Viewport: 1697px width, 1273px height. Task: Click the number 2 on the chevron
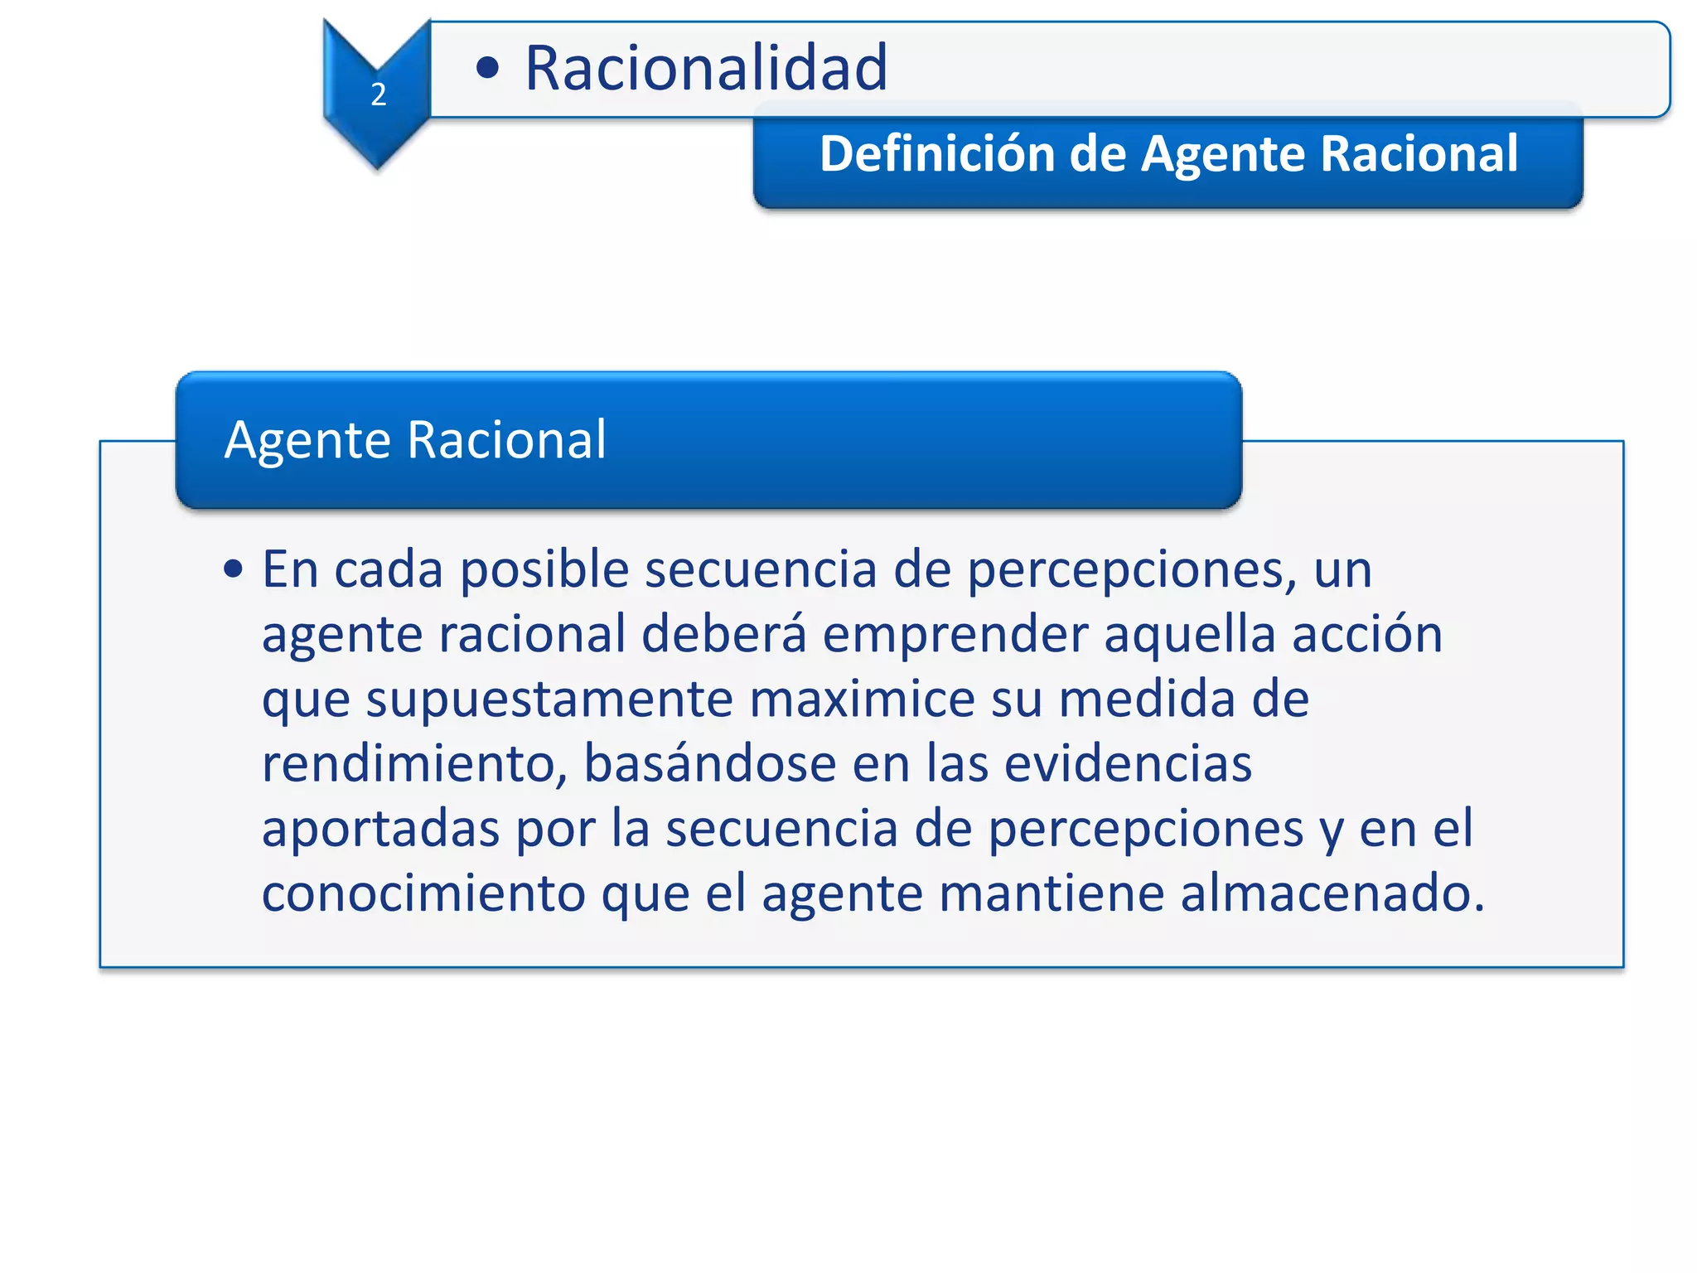pos(379,94)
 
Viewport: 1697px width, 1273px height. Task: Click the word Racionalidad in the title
pos(706,68)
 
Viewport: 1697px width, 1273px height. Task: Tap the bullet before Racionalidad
pos(488,68)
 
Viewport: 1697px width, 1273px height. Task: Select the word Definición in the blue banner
pos(936,154)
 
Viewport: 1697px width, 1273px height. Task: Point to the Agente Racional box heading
pos(415,439)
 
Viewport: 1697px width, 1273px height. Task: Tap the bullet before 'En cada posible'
pos(234,569)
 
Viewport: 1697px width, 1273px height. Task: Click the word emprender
pos(955,635)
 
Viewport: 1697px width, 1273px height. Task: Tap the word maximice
pos(861,699)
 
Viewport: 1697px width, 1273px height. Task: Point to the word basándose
pos(710,763)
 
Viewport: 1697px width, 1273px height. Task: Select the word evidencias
pos(1128,763)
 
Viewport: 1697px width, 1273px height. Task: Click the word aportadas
pos(380,829)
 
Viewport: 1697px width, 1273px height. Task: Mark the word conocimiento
pos(423,893)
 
